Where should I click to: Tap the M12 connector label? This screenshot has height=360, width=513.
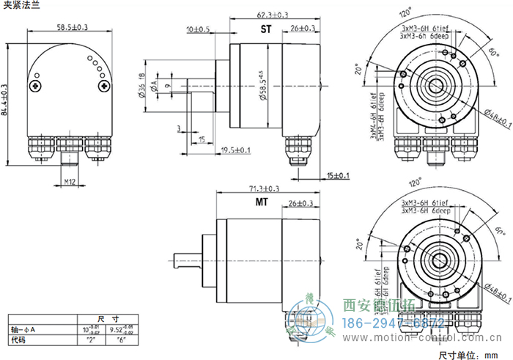point(70,180)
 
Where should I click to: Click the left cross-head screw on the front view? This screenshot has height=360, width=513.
point(36,87)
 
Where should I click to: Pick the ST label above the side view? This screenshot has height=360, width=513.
point(266,29)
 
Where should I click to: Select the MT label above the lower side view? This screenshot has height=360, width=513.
point(262,202)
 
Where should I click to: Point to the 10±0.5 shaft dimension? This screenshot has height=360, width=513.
point(198,29)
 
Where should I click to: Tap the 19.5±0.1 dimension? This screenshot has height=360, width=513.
point(236,150)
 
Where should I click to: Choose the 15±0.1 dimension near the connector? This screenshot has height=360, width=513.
point(339,175)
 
